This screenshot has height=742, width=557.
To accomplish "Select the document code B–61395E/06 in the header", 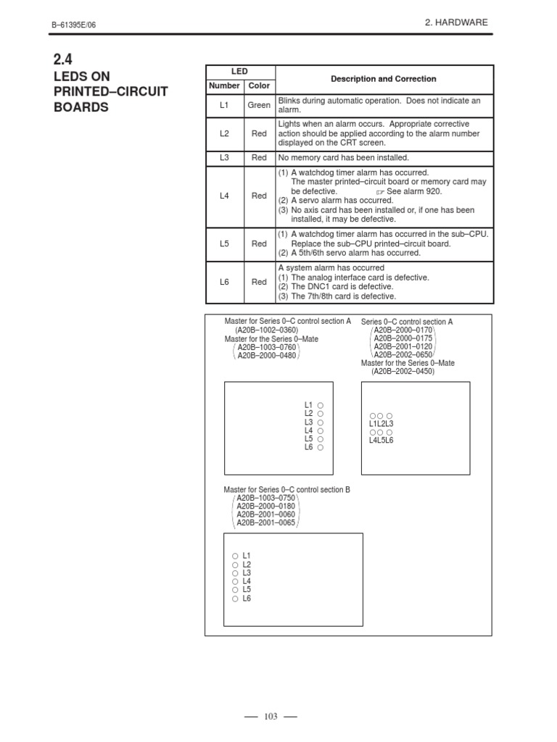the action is pyautogui.click(x=73, y=25).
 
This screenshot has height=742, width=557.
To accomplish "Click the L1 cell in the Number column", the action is pyautogui.click(x=224, y=105).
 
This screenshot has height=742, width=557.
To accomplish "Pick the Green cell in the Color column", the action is pyautogui.click(x=259, y=105).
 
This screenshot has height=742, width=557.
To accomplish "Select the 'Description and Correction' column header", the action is pyautogui.click(x=384, y=78).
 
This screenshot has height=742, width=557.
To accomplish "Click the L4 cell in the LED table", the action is pyautogui.click(x=224, y=196).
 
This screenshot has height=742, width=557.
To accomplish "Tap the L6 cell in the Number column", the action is pyautogui.click(x=224, y=282).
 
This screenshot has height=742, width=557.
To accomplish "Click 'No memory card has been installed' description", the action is pyautogui.click(x=344, y=157).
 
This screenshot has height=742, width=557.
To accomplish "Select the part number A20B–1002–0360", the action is pyautogui.click(x=267, y=330).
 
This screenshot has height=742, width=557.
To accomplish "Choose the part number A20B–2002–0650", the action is pyautogui.click(x=403, y=355).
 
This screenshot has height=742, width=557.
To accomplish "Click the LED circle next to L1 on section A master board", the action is pyautogui.click(x=321, y=405).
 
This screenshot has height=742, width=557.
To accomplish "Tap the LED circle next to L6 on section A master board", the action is pyautogui.click(x=321, y=448).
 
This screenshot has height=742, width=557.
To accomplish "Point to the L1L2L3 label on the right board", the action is pyautogui.click(x=381, y=423).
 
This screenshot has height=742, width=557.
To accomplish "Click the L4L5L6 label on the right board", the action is pyautogui.click(x=381, y=440).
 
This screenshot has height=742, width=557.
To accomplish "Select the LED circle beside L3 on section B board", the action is pyautogui.click(x=235, y=573).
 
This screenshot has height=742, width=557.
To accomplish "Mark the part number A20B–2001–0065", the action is pyautogui.click(x=265, y=522).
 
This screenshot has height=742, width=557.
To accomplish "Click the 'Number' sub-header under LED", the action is pyautogui.click(x=224, y=86).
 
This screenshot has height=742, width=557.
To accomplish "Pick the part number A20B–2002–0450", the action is pyautogui.click(x=403, y=371).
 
